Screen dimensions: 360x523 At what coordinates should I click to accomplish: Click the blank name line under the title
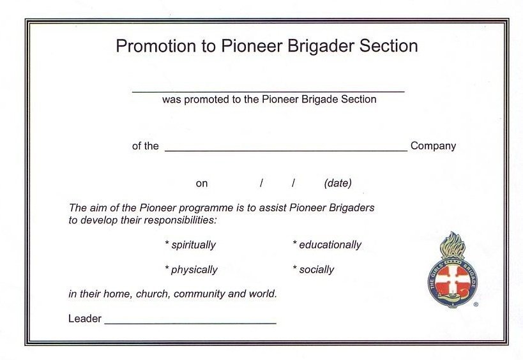[268, 92]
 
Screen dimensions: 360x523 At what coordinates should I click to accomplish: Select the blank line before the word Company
[285, 151]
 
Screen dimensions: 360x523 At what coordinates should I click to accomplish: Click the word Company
[433, 146]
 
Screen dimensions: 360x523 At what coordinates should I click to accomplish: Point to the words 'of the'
[146, 146]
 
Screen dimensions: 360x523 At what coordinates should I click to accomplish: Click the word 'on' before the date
[202, 184]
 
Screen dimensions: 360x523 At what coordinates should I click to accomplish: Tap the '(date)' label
[338, 183]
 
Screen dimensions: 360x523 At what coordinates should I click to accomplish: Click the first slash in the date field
[261, 183]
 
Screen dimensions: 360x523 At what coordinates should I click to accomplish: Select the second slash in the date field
[293, 183]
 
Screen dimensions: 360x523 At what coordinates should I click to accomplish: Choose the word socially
[316, 269]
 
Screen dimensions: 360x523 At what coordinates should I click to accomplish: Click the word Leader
[85, 319]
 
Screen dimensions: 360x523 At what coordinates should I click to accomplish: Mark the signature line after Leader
[190, 323]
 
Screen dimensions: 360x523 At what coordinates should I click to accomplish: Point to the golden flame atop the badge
[453, 243]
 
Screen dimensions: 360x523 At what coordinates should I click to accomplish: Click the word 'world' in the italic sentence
[262, 294]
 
